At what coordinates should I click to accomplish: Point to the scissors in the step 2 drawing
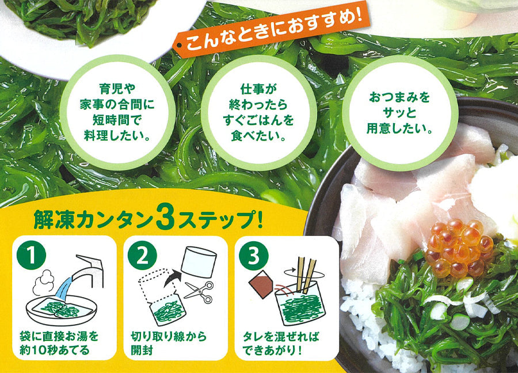(199, 292)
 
